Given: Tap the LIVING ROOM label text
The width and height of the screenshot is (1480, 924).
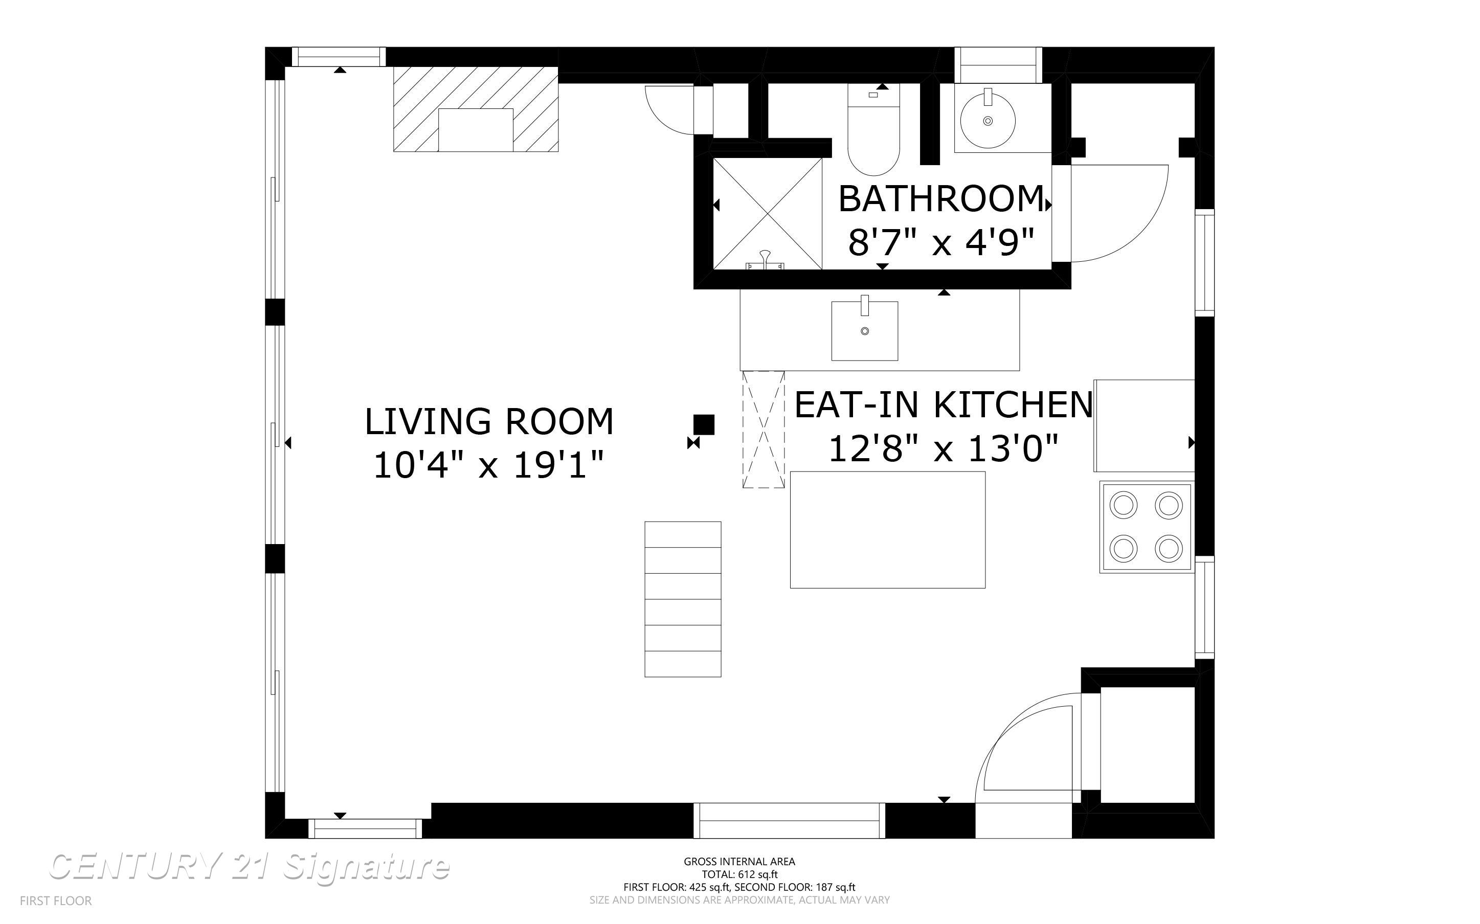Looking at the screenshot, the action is click(x=489, y=422).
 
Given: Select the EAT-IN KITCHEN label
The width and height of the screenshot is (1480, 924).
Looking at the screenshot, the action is click(x=943, y=404).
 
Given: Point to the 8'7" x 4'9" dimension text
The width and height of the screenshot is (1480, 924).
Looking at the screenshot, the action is click(x=940, y=242).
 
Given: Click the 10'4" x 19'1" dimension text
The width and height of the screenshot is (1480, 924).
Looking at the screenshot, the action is click(x=488, y=466).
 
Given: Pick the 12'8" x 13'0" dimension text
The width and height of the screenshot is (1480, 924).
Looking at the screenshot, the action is click(x=943, y=448).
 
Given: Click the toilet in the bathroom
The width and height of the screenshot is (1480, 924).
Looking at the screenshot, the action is click(x=874, y=129).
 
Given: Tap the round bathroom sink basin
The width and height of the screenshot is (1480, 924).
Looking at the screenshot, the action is click(x=988, y=120).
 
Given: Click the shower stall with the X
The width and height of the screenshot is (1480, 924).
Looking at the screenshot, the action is click(x=768, y=213).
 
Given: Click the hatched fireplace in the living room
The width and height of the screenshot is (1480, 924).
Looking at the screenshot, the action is click(x=476, y=109).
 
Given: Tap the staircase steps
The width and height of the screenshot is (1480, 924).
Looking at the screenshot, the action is click(x=683, y=599).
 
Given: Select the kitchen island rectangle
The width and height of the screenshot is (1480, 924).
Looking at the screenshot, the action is click(x=887, y=530).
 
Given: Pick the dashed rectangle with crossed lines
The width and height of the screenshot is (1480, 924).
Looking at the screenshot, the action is click(x=763, y=430).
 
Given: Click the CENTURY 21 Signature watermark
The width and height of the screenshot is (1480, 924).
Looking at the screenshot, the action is click(x=250, y=867).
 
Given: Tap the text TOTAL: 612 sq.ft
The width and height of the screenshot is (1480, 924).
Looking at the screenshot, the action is click(x=739, y=874).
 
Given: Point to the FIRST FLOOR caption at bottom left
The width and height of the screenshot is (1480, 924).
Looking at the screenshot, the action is click(x=56, y=901).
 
